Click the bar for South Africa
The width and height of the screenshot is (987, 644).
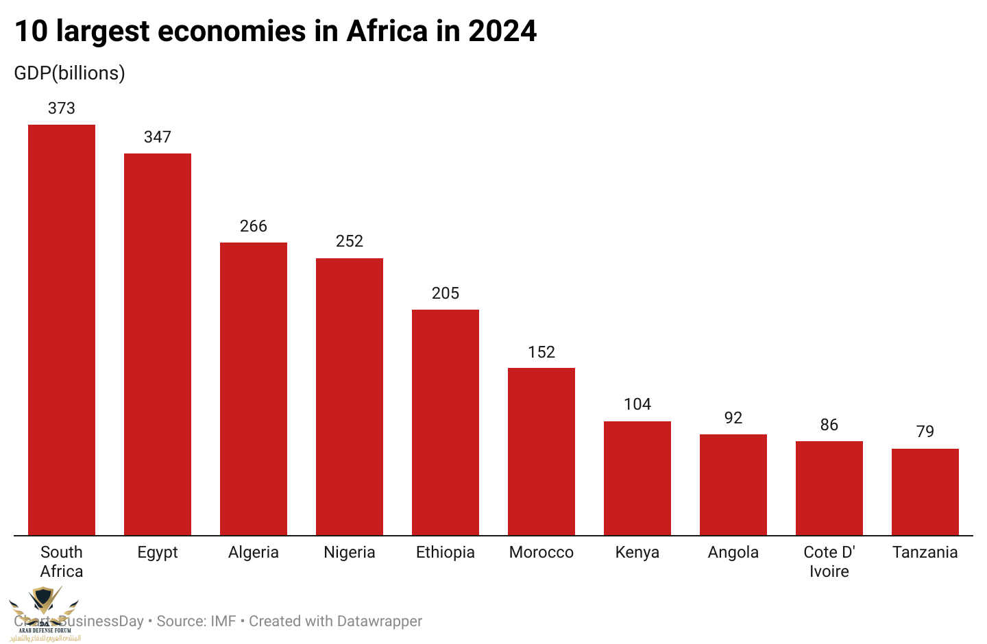pos(62,330)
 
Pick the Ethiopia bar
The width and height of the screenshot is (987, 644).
pos(446,422)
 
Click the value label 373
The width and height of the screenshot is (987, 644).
pos(62,108)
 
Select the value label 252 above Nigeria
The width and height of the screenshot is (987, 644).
pos(350,241)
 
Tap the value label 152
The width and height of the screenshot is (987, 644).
pos(541,352)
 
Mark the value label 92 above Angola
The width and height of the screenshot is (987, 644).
pos(733,418)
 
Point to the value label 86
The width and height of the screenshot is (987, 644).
pos(829,425)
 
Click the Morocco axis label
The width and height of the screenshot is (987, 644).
pos(541,552)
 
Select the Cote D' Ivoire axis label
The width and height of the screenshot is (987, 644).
pos(829,562)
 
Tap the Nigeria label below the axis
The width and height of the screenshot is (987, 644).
pos(350,552)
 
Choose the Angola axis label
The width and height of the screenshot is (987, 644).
pos(733,552)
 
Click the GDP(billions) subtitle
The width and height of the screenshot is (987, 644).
pos(69,73)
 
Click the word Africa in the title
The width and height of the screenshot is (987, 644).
pos(387,32)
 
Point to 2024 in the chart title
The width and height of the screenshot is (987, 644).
pos(502,32)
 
